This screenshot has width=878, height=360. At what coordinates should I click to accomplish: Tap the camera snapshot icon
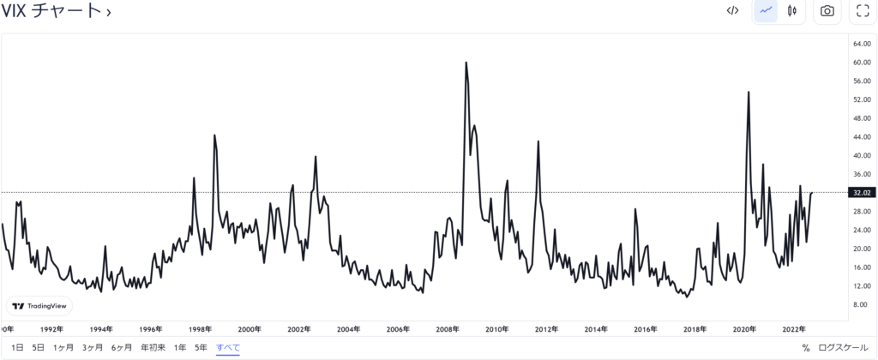(827, 11)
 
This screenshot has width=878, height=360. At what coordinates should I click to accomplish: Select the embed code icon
(732, 11)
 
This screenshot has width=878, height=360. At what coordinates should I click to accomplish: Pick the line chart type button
(766, 11)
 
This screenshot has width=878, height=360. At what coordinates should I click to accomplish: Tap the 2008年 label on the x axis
(448, 329)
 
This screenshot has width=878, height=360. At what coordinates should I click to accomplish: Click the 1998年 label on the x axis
(201, 329)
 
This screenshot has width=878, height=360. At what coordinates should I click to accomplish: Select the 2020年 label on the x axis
(744, 329)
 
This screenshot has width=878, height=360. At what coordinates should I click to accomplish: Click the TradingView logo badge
(39, 306)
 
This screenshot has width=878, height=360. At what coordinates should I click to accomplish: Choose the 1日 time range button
(17, 348)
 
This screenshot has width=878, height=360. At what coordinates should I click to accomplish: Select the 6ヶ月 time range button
(121, 348)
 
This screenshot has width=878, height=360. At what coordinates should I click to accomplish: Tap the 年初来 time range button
(153, 348)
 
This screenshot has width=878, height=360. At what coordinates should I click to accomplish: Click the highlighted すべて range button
(228, 348)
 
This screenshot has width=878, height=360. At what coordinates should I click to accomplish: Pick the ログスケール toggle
(844, 348)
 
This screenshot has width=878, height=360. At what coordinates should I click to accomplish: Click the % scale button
(806, 348)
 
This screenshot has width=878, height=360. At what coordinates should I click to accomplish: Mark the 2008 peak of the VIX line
(466, 63)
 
